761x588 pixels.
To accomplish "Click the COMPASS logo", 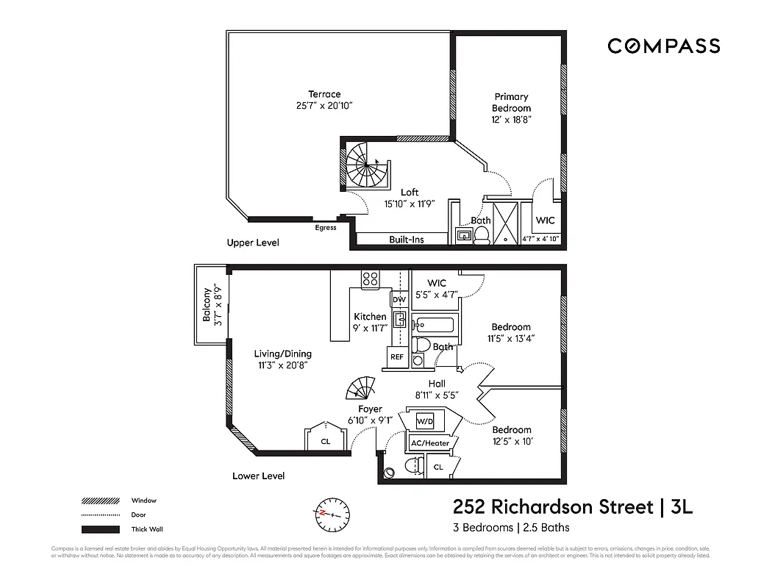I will pyautogui.click(x=663, y=46).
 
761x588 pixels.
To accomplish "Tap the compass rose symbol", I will pyautogui.click(x=334, y=512).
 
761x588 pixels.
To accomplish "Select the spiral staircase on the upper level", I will pyautogui.click(x=365, y=165).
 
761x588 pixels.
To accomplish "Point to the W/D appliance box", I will pyautogui.click(x=426, y=422).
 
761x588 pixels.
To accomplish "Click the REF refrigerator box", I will pyautogui.click(x=397, y=356).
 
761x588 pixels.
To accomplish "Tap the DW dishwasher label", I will pyautogui.click(x=399, y=300).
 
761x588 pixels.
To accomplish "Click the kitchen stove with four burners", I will pyautogui.click(x=370, y=279).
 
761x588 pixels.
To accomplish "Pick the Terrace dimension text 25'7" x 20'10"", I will pyautogui.click(x=324, y=106).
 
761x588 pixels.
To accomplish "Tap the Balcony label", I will pyautogui.click(x=211, y=304).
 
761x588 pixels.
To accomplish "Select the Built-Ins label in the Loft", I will pyautogui.click(x=406, y=240).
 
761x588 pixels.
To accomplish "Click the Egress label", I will pyautogui.click(x=325, y=228).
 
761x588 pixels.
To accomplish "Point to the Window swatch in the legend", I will pyautogui.click(x=100, y=501).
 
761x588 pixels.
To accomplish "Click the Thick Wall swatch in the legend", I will pyautogui.click(x=100, y=529).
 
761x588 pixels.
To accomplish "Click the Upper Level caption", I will pyautogui.click(x=253, y=243).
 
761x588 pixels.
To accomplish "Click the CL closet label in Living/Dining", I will pyautogui.click(x=325, y=442).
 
